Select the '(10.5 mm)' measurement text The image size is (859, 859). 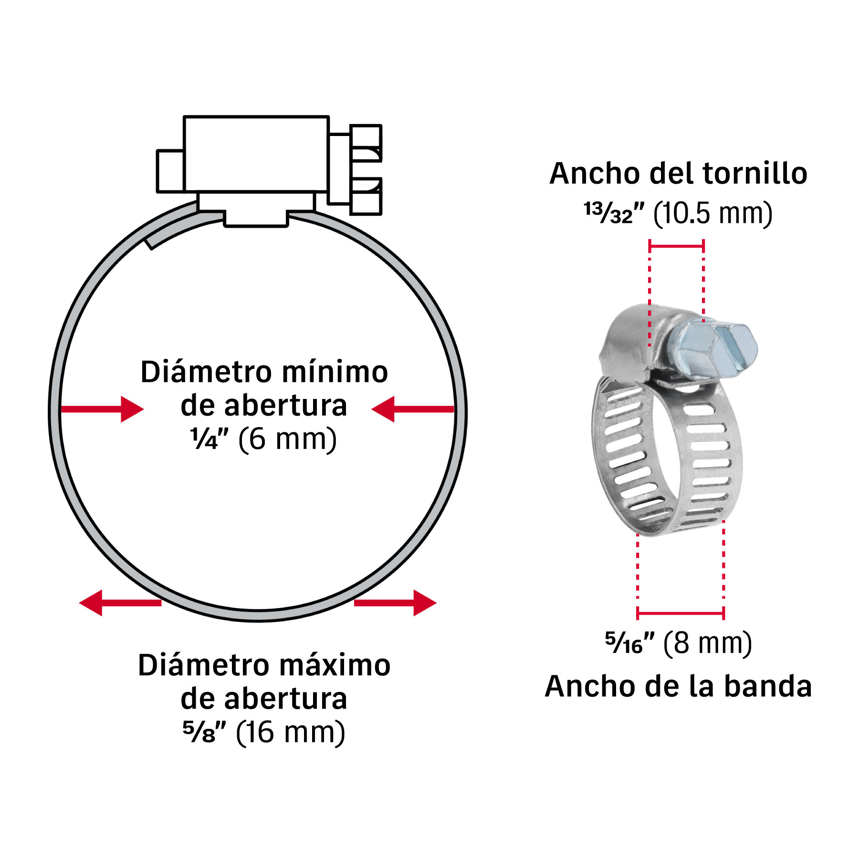[x=712, y=213]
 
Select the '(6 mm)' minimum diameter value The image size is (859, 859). [x=287, y=439]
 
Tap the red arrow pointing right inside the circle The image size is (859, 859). [x=102, y=409]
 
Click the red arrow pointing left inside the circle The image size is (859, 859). [x=413, y=409]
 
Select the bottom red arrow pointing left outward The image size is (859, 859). [x=120, y=603]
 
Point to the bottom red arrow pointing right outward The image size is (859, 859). [x=395, y=603]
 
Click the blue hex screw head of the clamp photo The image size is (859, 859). [x=711, y=349]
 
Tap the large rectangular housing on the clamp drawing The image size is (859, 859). [x=256, y=154]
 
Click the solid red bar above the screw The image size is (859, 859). [x=676, y=246]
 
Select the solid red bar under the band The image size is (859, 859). [x=681, y=613]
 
